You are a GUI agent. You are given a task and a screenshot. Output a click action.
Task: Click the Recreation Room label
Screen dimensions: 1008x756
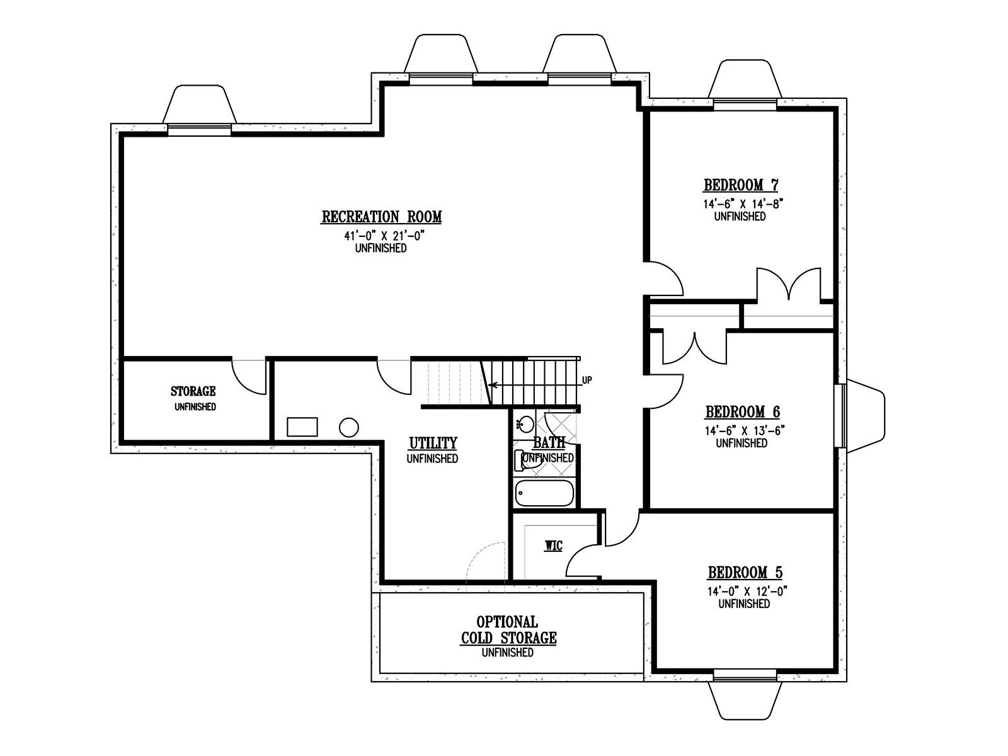(x=381, y=217)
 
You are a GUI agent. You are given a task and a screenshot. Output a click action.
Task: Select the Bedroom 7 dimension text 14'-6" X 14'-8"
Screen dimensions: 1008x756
(x=742, y=203)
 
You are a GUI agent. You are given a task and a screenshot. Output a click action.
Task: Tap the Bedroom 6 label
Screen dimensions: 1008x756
(x=743, y=412)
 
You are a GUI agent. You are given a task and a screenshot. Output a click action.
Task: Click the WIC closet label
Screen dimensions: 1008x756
(x=553, y=546)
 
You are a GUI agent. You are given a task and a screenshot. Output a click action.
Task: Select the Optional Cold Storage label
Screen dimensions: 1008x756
(x=508, y=630)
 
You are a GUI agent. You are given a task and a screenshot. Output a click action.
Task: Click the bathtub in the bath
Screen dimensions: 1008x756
(x=545, y=493)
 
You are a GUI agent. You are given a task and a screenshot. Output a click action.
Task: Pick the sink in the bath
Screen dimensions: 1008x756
(x=525, y=423)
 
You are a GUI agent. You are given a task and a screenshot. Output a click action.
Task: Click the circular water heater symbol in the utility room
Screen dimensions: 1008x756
(x=348, y=427)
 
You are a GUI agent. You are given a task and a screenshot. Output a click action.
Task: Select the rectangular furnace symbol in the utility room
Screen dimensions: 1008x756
(x=302, y=427)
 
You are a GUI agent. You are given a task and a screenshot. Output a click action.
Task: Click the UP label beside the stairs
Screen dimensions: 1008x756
(x=587, y=380)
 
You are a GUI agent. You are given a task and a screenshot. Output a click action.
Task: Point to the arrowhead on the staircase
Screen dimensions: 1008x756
(x=492, y=385)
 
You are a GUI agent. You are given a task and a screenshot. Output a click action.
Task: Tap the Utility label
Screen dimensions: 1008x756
(x=433, y=443)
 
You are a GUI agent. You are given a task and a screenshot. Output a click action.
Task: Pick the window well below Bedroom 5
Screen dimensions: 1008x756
(x=745, y=701)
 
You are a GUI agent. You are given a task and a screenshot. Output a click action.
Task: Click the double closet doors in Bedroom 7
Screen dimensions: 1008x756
(x=789, y=285)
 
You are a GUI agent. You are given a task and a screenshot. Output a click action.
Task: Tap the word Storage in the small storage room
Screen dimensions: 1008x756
(x=193, y=391)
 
